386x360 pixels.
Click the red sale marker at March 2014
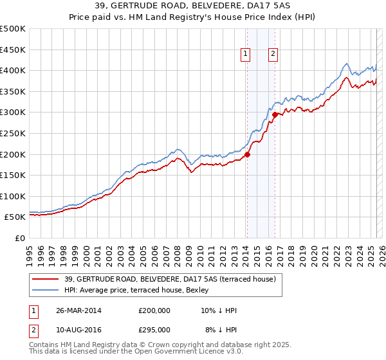click(247, 154)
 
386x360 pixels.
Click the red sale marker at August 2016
click(275, 114)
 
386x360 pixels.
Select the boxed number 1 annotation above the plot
click(246, 55)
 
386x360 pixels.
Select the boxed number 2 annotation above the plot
click(273, 55)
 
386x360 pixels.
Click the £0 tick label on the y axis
click(21, 238)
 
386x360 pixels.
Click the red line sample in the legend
click(46, 279)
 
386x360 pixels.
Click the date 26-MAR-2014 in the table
click(78, 310)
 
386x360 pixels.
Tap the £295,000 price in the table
click(154, 329)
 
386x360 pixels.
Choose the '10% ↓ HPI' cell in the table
click(219, 310)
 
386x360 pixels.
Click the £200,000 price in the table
click(154, 310)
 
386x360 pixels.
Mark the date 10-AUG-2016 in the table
click(78, 329)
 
